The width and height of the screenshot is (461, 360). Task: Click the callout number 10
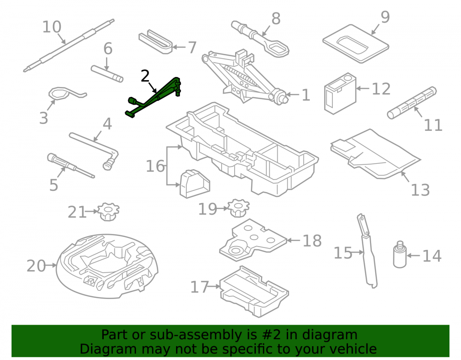coord(52,27)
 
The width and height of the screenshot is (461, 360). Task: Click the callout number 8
coord(276,19)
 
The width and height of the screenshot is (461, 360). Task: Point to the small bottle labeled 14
coord(400,254)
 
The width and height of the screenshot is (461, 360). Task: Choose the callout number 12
coord(381,89)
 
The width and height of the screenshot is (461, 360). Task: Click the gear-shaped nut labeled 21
coord(108,212)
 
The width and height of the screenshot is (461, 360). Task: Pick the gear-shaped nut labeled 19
coord(239,208)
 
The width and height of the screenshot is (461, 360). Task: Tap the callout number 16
coord(155,166)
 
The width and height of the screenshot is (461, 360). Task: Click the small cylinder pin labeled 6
coord(107,74)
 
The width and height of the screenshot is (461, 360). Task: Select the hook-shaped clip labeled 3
coord(65,94)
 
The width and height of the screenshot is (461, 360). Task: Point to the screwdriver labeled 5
coord(71,165)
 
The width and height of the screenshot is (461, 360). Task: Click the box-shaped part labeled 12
coord(341,93)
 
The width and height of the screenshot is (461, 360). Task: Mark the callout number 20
coord(36,266)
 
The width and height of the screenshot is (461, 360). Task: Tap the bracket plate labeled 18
coord(253,240)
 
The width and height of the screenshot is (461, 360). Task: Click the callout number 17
coord(200,287)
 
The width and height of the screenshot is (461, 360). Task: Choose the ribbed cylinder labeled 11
coord(412,103)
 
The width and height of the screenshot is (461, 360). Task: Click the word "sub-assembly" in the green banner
coord(182,335)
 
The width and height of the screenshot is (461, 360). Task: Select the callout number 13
coord(420,190)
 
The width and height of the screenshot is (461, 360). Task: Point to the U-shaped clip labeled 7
coord(155,42)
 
